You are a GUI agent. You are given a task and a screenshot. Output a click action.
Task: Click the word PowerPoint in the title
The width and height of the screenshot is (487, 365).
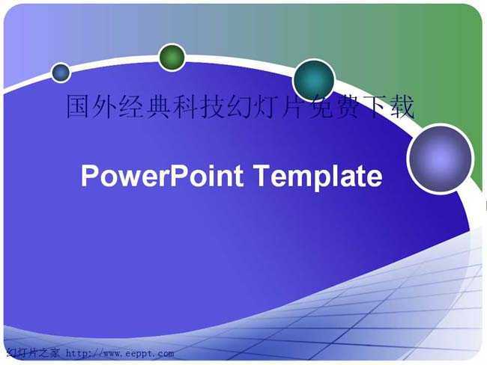tap(162, 176)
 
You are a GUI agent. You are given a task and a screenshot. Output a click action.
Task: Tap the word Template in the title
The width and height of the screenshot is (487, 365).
tap(318, 177)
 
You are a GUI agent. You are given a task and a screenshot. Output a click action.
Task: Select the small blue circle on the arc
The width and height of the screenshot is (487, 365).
tap(61, 73)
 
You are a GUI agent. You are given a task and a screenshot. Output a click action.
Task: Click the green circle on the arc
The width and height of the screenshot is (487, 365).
tap(172, 58)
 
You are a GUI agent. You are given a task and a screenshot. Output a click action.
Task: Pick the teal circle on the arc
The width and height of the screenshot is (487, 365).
tap(314, 80)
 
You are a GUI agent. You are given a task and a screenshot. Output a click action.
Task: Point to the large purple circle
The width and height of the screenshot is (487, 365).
tap(441, 159)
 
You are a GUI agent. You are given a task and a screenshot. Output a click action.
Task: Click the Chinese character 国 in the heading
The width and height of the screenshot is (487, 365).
tap(78, 107)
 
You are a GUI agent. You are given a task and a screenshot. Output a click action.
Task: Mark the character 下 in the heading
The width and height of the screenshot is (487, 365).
tap(375, 107)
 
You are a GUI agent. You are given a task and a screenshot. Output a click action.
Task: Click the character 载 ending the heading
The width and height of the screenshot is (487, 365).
tap(402, 107)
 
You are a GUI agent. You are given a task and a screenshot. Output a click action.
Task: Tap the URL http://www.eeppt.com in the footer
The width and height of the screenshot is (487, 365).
tap(120, 354)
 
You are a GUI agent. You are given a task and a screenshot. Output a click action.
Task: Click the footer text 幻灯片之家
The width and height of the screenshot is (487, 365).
tap(33, 353)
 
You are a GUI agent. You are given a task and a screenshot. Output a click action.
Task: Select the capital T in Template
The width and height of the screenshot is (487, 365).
tap(262, 176)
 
